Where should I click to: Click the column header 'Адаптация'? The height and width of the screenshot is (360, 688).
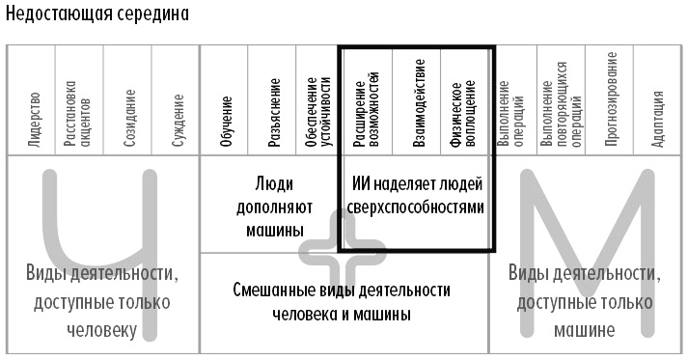point(658,116)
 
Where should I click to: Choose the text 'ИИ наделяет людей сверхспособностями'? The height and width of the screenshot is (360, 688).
point(415,195)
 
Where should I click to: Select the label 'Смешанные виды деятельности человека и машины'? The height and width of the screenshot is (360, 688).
point(342,301)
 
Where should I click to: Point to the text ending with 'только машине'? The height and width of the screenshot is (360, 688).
point(584,301)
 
